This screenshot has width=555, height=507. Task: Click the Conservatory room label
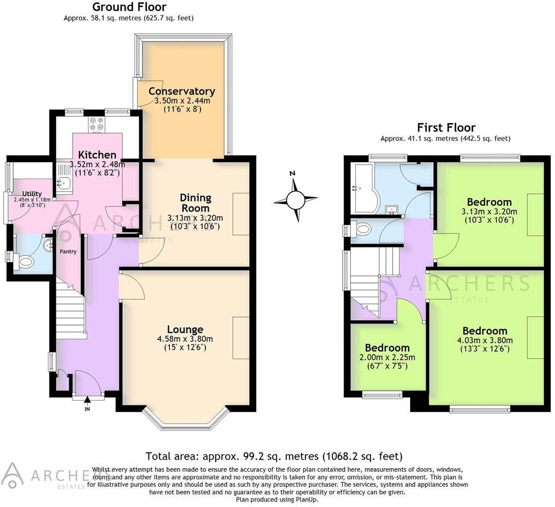(x=181, y=91)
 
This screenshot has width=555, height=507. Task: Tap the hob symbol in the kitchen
(x=97, y=125)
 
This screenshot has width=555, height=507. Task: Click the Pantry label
(x=68, y=252)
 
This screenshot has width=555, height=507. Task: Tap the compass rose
(x=296, y=199)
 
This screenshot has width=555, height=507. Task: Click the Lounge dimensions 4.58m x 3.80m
(x=185, y=339)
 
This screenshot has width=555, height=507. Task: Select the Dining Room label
(x=195, y=203)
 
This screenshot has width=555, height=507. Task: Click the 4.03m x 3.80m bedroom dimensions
(x=485, y=340)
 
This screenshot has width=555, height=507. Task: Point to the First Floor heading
(x=446, y=127)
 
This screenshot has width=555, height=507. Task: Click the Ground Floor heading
(x=129, y=7)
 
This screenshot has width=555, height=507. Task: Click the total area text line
(x=274, y=456)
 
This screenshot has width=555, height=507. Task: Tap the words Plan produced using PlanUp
(x=277, y=499)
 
